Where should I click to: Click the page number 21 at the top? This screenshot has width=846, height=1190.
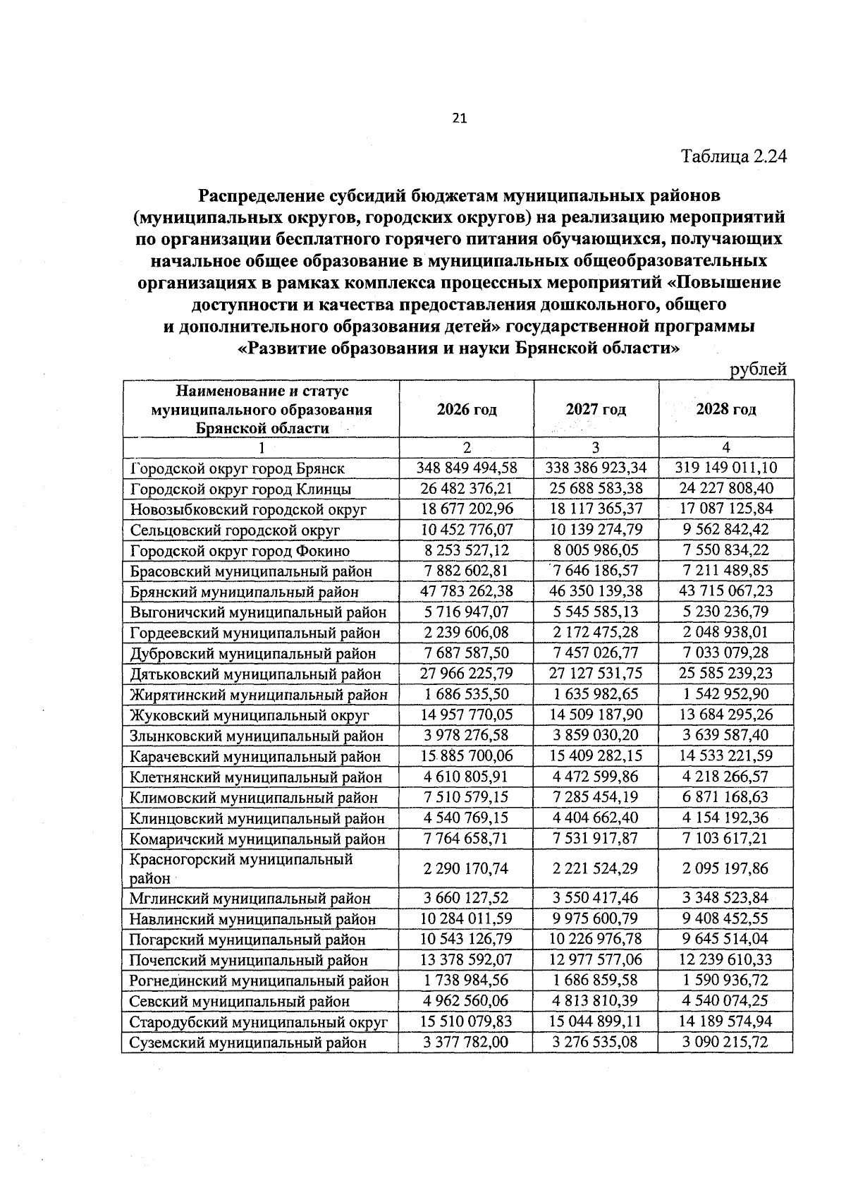(x=459, y=119)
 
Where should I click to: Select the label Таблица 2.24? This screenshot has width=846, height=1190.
(x=733, y=156)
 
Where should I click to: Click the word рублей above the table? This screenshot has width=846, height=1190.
(x=758, y=369)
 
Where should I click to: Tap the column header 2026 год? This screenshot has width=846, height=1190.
(x=466, y=410)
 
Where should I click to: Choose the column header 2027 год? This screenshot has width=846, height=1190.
(x=596, y=410)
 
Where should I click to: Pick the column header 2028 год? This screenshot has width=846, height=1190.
(x=726, y=410)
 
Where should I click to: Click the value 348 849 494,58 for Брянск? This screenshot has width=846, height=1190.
(x=467, y=468)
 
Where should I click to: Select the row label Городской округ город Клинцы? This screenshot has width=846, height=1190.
(x=240, y=489)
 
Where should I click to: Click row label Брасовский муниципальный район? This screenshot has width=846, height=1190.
(x=251, y=571)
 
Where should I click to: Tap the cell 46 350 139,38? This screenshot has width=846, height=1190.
(x=596, y=591)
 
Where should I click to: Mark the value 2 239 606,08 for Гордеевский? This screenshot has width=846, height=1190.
(x=466, y=632)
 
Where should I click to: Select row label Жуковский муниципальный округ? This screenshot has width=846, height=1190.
(x=250, y=715)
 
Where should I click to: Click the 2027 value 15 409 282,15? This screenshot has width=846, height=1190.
(x=596, y=755)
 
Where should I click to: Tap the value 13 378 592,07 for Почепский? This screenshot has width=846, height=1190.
(x=466, y=959)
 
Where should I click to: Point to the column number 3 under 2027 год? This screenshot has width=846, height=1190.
(x=596, y=447)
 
